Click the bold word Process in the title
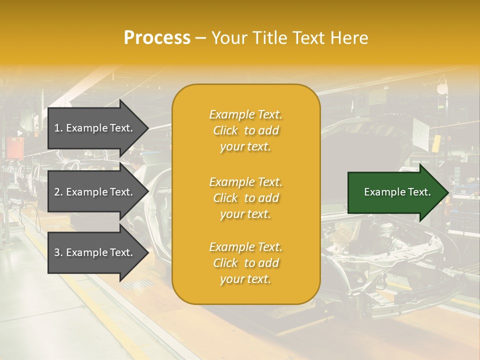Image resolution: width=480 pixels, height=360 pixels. pos(157,38)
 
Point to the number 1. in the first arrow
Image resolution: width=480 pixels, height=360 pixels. pos(58,128)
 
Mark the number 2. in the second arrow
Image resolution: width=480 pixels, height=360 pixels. pos(58,192)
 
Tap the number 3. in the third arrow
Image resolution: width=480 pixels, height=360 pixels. pos(58,253)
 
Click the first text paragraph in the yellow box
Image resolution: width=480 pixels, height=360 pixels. pos(246,130)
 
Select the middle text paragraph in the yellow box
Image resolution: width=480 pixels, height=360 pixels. pos(246,198)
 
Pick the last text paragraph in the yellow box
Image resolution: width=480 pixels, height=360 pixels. pos(246,263)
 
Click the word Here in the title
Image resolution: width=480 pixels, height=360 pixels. pos(351,38)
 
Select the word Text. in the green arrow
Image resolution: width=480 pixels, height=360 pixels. pos(419,192)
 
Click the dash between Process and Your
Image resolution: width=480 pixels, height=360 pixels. pos(201,38)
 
